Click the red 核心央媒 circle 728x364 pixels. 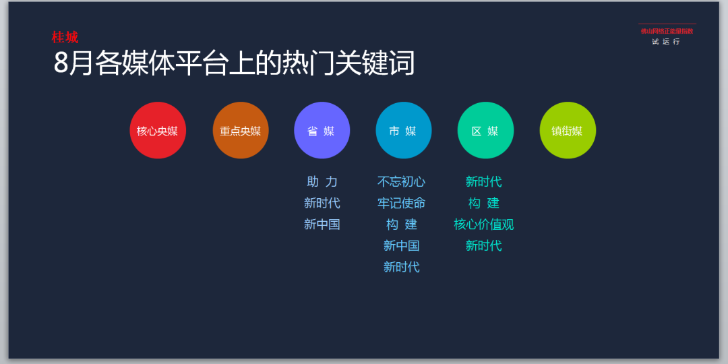(158, 131)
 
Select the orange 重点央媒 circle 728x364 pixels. (241, 131)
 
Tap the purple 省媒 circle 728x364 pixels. (322, 131)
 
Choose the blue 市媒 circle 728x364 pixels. (404, 131)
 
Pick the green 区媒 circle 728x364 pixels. (485, 131)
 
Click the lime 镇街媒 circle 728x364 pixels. (568, 131)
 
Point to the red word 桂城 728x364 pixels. (65, 37)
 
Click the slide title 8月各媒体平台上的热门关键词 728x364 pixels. (234, 63)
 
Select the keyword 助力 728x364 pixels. (322, 181)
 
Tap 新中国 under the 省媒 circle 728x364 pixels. (322, 224)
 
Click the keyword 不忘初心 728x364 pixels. (401, 181)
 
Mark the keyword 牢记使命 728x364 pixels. (401, 203)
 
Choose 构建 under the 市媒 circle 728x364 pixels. (402, 224)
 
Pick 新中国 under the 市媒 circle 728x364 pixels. (402, 245)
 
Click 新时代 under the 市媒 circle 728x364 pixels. (402, 267)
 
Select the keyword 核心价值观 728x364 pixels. (484, 224)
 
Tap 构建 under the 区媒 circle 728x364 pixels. (484, 203)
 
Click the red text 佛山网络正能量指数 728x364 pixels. (667, 31)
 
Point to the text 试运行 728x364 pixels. (666, 42)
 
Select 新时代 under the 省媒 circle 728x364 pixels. (322, 203)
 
